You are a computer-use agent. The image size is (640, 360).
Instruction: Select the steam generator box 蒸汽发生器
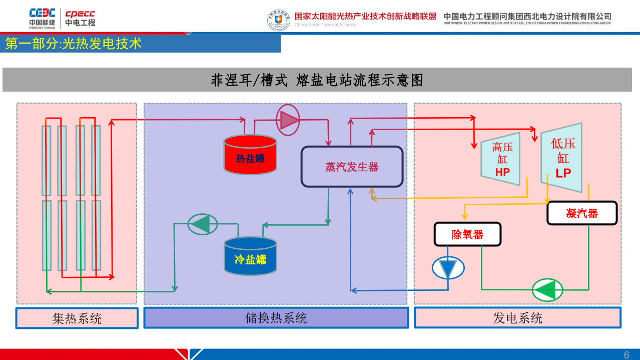pos(352,167)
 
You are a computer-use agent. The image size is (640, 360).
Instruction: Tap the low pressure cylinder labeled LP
pos(562,158)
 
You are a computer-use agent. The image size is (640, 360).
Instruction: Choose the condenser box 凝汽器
pos(582,213)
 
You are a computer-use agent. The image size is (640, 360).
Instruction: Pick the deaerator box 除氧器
pos(467,234)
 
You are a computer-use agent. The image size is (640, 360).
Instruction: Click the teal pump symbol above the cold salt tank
pos(202,224)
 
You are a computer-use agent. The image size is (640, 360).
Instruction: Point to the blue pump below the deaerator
pos(448,268)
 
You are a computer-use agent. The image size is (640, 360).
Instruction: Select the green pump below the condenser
pos(547,289)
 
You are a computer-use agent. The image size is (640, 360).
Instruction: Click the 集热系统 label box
pos(77,318)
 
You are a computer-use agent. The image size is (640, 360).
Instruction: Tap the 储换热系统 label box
pos(276,318)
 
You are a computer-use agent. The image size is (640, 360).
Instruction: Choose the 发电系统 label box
pos(517,318)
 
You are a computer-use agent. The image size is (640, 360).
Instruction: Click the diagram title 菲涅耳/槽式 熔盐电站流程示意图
pos(317,80)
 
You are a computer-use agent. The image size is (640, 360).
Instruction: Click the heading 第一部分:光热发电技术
pos(74,44)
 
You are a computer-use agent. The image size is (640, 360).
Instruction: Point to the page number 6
pos(626,355)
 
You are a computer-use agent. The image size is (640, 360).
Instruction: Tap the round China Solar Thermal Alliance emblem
pos(278,21)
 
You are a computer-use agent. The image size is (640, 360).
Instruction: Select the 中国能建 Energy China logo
pos(42,18)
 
